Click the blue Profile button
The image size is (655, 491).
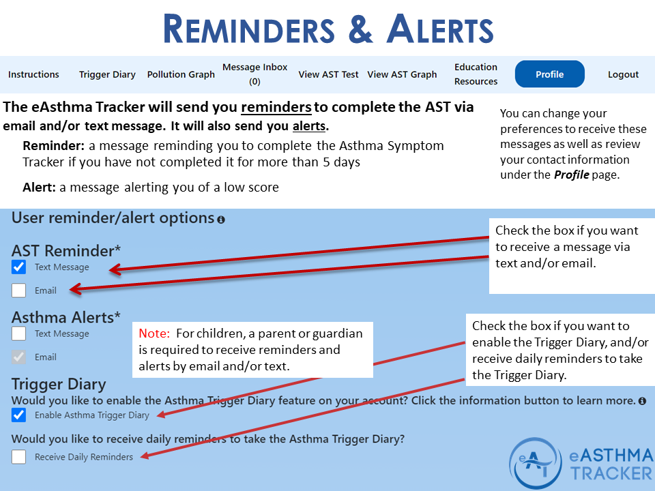(549, 74)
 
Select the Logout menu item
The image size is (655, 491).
(623, 74)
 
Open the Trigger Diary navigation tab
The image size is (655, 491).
(107, 74)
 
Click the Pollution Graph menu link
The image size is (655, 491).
(181, 74)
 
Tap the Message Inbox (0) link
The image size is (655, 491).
(254, 74)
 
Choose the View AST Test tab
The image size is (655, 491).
(328, 74)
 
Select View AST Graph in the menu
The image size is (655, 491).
(402, 74)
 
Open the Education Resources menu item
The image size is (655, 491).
(476, 74)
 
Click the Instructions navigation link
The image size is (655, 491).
(33, 74)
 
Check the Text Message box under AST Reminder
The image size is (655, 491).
(19, 267)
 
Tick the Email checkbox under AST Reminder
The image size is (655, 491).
(19, 291)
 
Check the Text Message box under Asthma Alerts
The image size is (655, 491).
(19, 333)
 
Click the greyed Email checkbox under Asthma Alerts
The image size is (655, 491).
(19, 357)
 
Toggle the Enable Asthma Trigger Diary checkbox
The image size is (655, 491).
(19, 415)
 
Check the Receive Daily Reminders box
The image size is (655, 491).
(19, 457)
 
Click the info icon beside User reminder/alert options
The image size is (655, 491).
(220, 220)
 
